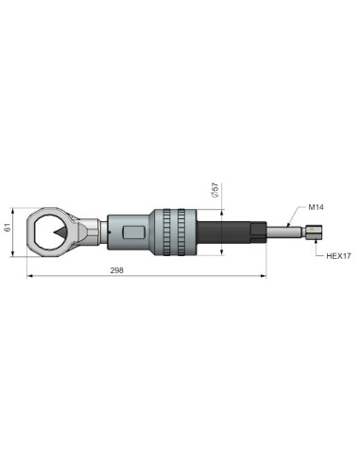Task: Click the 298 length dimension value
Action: coord(116,270)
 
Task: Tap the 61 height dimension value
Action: coord(8,227)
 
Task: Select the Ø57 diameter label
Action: coord(215,190)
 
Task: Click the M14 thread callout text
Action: coord(316,207)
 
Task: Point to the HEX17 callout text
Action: coord(338,256)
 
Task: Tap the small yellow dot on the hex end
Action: coord(312,230)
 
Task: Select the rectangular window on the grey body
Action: coord(133,232)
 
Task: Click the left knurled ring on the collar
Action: coord(166,232)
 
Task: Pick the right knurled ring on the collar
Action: coord(181,232)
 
